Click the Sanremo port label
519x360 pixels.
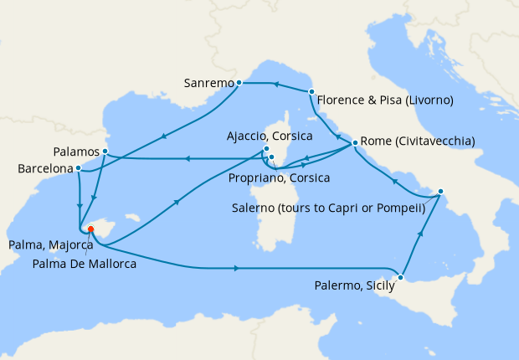click(208, 83)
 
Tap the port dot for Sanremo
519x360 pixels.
click(239, 83)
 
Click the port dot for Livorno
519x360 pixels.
click(311, 91)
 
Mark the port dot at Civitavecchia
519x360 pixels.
click(356, 142)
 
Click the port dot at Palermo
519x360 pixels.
click(402, 277)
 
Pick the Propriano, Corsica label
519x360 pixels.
click(279, 178)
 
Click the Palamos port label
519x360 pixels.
click(75, 152)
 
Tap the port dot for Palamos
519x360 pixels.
click(105, 152)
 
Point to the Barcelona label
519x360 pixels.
click(44, 168)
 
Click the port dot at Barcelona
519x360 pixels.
click(79, 167)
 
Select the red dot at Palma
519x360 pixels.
click(90, 229)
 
